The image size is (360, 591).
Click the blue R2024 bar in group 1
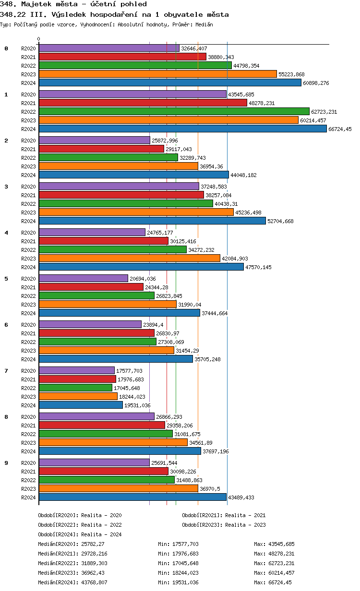(182, 129)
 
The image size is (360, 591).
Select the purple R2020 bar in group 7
(77, 370)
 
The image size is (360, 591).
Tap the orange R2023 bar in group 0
(157, 74)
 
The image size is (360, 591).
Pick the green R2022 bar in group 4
(112, 249)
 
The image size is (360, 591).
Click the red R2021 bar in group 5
(91, 287)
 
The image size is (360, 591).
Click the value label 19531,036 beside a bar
(138, 405)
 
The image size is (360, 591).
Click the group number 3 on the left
(6, 186)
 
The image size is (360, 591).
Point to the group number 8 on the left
(6, 416)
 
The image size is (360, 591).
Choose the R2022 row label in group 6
(29, 342)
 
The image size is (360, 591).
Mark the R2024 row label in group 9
(29, 497)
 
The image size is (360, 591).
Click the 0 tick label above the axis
(39, 39)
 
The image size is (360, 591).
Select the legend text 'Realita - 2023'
(245, 525)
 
